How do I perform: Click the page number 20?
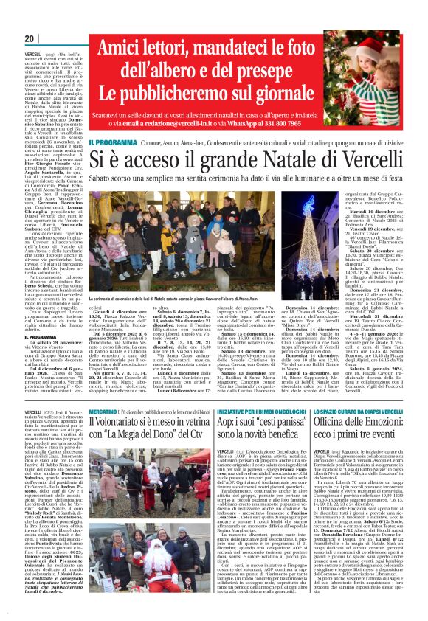point(30,38)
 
